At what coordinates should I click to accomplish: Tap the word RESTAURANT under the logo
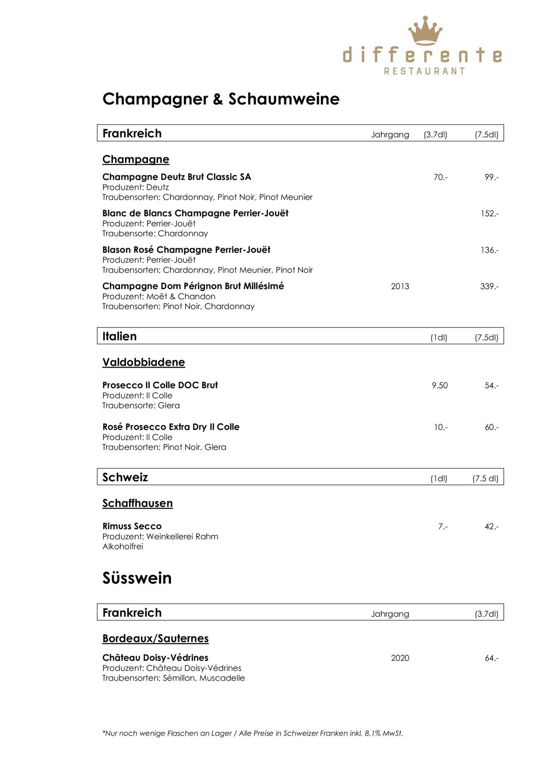coord(425,71)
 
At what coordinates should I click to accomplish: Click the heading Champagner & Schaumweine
coord(221,99)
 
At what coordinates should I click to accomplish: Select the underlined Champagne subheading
coord(135,159)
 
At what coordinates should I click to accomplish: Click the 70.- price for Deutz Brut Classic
coord(440,177)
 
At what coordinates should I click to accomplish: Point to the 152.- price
coord(490,214)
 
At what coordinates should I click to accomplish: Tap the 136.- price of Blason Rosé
coord(490,250)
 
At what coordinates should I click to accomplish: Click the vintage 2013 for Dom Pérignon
coord(400,286)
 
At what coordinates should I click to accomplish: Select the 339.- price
coord(490,287)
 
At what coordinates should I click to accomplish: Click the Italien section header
coord(120,336)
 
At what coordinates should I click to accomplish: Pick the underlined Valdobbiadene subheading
coord(144,362)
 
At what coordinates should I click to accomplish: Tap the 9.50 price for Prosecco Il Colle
coord(439,386)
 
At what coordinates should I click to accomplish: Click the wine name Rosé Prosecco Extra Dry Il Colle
coord(171,427)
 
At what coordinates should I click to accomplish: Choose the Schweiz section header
coord(125,477)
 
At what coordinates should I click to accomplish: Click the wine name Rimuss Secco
coord(132,526)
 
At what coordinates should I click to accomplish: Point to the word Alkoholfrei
coord(123,547)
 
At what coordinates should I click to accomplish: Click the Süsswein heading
coord(137,578)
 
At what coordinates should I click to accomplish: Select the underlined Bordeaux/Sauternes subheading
coord(156,639)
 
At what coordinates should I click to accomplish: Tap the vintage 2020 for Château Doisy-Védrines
coord(400,658)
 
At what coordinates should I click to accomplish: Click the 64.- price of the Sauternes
coord(491,658)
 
